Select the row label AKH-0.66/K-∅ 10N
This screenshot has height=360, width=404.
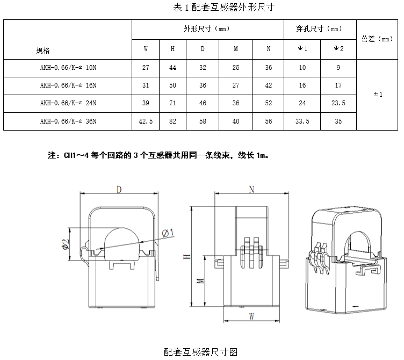coord(68,68)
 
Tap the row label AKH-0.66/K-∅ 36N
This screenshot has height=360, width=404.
coord(68,121)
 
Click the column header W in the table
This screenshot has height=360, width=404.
coord(146,49)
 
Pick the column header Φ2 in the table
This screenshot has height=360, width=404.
coord(338,49)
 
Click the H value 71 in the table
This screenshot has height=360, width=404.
coord(173,104)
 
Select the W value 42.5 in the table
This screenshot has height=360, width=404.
coord(146,121)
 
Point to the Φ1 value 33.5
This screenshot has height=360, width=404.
coord(302,121)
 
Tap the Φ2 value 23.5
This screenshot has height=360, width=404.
coord(338,104)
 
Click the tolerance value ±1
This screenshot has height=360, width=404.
coord(378,95)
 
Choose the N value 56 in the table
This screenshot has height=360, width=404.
coord(268,121)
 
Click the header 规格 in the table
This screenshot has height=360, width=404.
coord(43,51)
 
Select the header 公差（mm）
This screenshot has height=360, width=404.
coord(378,39)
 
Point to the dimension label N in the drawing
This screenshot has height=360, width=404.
coord(251,189)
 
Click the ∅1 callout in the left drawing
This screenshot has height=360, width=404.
coord(167,232)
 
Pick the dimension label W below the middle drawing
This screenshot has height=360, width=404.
coord(251,317)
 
